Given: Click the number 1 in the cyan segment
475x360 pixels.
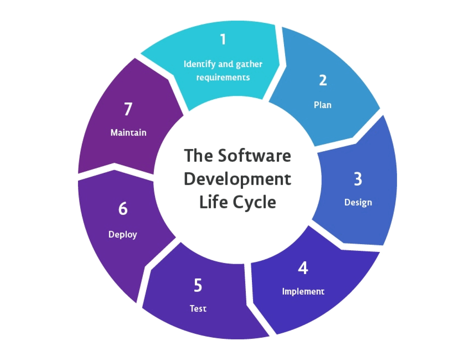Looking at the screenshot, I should pos(223,40).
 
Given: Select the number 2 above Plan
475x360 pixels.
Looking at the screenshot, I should pos(323,80).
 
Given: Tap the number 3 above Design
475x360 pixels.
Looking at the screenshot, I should pos(358,179).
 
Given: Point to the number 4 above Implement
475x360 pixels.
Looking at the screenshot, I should pos(303,268).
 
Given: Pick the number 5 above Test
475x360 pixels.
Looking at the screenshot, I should pos(198,285).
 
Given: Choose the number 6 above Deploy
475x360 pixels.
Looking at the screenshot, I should pos(123,208).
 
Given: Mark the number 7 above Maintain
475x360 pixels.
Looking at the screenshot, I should pos(128,109).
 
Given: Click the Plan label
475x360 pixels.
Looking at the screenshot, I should pos(323,105).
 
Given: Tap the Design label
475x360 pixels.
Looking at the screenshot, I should pos(358,203).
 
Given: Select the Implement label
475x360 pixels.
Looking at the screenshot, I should pos(303,291).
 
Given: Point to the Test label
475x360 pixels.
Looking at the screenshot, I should pos(198,309).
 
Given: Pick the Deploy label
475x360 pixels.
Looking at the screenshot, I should pos(123,235).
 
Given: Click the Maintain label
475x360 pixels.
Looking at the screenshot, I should pos(128,133).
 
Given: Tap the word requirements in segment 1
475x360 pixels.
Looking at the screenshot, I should pos(223,78).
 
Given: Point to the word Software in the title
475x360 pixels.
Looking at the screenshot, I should pos(254,155).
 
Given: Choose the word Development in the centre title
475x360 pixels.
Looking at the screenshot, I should pos(237,179).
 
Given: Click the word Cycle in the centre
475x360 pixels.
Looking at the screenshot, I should pos(255,202).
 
